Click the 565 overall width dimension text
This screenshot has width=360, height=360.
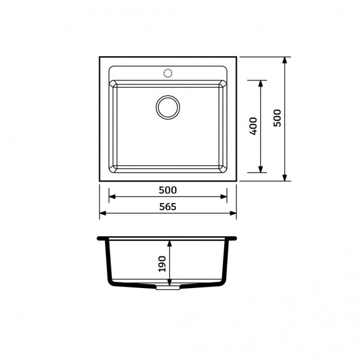tap(168, 207)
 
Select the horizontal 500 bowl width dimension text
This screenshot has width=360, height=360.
tap(168, 190)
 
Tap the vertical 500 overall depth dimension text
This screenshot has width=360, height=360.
tap(278, 119)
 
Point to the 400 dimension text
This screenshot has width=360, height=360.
tap(253, 127)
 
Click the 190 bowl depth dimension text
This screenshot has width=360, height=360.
tap(162, 263)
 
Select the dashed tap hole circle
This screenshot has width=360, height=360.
tap(168, 73)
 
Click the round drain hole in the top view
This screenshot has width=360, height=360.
tap(168, 106)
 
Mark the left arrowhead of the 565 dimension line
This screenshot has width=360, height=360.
tap(102, 213)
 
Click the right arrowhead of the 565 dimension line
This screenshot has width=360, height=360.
tap(233, 213)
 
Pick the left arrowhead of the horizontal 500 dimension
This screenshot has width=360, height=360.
tap(112, 196)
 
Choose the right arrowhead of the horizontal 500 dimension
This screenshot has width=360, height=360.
tap(224, 196)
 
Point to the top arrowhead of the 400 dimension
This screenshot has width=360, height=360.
tap(261, 84)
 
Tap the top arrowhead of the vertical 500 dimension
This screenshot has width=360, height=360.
tap(285, 61)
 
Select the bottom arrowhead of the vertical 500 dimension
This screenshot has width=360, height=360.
tap(285, 177)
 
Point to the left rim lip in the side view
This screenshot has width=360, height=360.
tap(101, 239)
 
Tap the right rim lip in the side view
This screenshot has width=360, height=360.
tap(233, 239)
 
